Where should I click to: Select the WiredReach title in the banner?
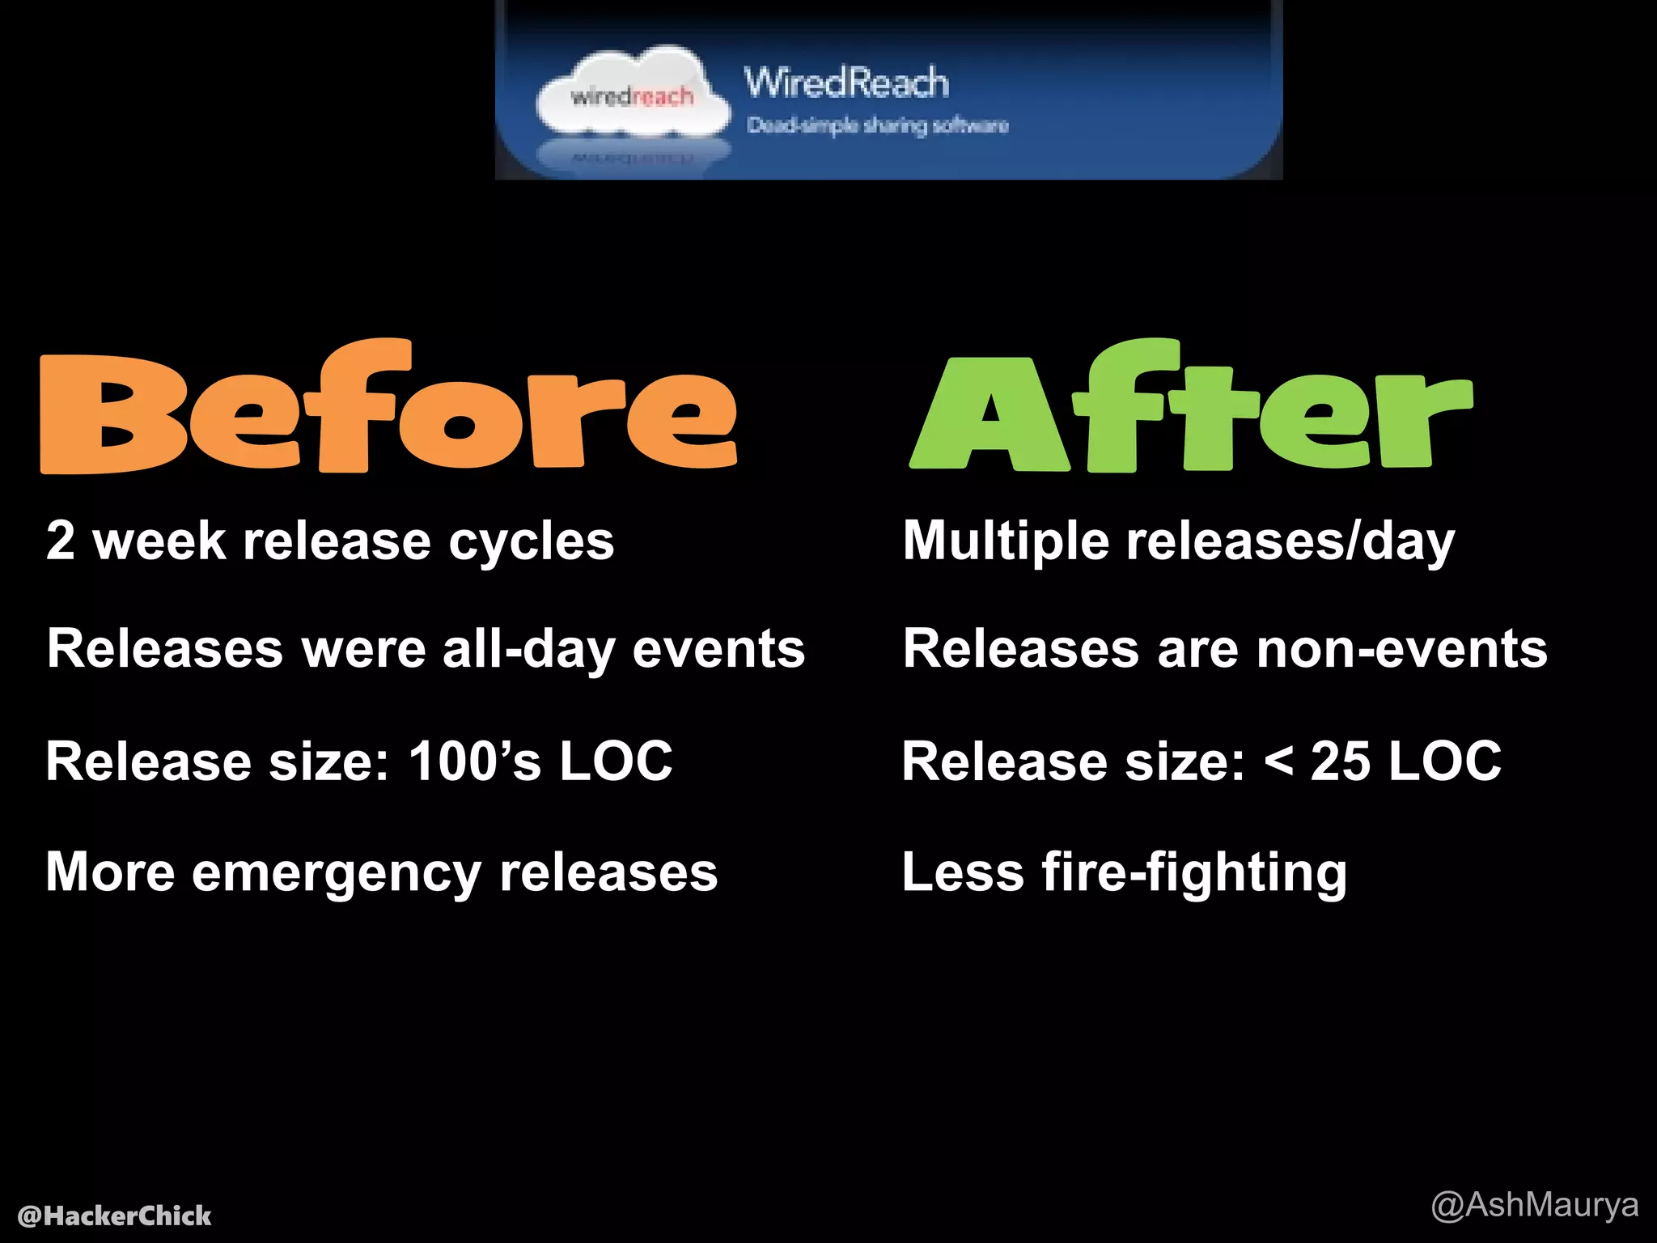coord(846,83)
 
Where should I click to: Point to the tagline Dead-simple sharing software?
coord(878,125)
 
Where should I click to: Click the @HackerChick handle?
coord(114,1215)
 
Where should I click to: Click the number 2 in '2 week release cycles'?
coord(61,541)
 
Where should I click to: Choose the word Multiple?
coord(1006,542)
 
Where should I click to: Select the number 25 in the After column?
coord(1340,761)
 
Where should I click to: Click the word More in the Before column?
coord(110,872)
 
